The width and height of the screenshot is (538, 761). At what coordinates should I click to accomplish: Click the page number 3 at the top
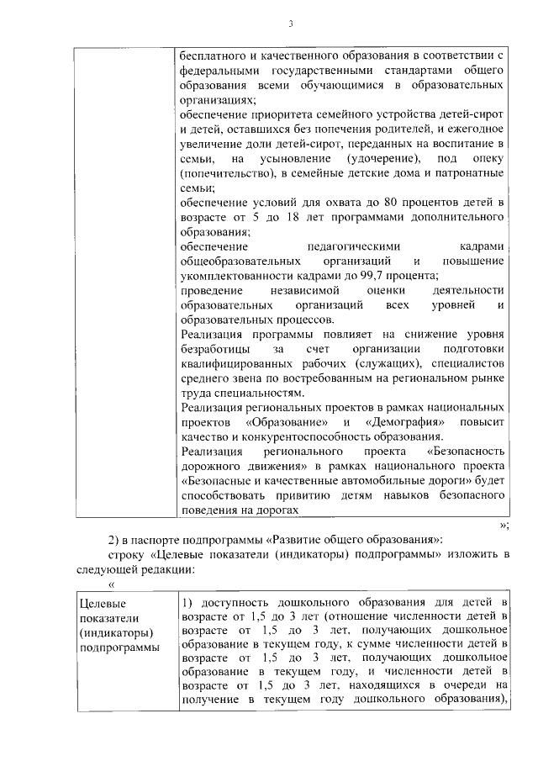pyautogui.click(x=290, y=24)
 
